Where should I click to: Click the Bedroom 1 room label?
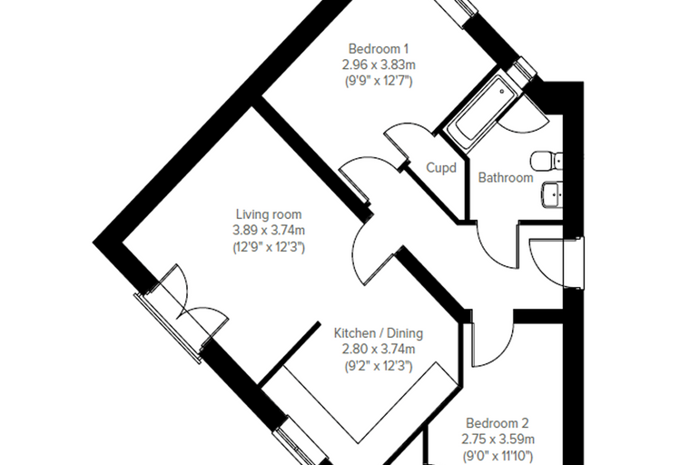379,48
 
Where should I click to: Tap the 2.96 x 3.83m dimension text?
379,65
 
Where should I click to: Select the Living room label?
269,214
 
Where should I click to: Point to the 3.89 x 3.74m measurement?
269,231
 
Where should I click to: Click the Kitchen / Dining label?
379,333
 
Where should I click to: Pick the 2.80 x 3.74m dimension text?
379,349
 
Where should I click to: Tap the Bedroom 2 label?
498,423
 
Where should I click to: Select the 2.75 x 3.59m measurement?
498,440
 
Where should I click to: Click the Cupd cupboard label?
441,168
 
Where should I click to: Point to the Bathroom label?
506,178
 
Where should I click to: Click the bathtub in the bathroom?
482,112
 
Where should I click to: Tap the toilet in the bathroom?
547,161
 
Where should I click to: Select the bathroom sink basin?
552,194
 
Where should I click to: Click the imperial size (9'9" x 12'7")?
379,82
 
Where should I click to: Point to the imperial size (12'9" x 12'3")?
269,247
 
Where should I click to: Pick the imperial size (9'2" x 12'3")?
379,366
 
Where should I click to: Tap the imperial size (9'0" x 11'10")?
498,456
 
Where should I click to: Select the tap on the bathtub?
503,92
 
